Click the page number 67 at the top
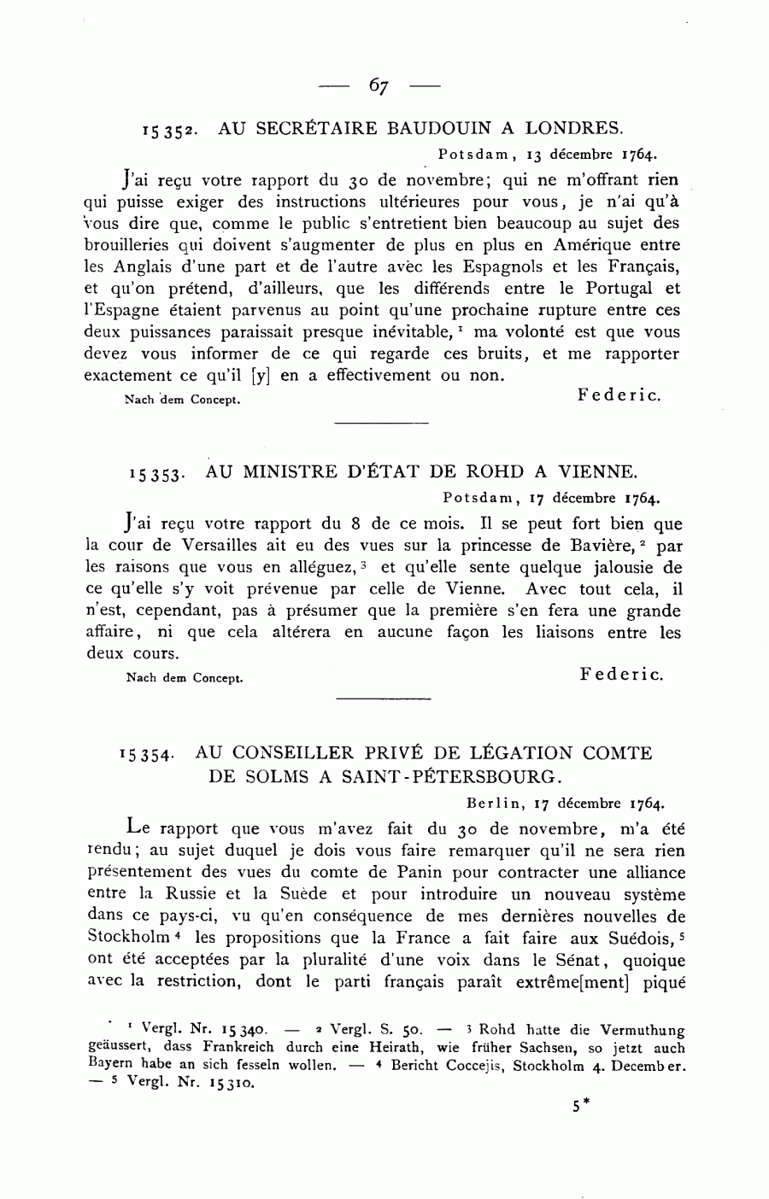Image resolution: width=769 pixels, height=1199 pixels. (379, 86)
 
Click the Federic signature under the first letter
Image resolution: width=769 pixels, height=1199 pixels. (619, 395)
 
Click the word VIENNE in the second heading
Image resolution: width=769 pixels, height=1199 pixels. (597, 471)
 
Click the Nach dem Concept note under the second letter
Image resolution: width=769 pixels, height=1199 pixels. (184, 679)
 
